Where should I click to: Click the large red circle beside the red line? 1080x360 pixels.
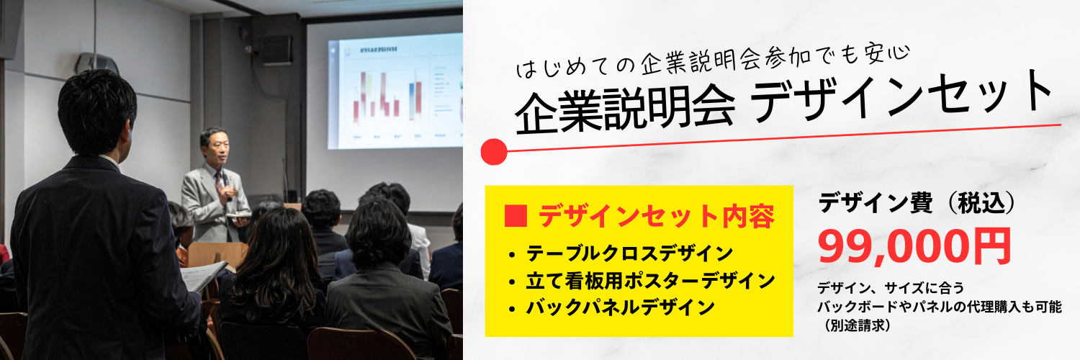coord(494,152)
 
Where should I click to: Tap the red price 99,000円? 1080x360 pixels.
coord(914,246)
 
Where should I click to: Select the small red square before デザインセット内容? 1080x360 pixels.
coord(515,216)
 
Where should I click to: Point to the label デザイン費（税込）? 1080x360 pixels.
coord(917,203)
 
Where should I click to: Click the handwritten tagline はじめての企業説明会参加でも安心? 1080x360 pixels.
coord(713,62)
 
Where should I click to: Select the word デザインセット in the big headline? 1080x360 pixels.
coord(901,96)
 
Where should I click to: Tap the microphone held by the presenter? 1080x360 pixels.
coord(225,183)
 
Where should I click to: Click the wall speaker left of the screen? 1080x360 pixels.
coord(276,50)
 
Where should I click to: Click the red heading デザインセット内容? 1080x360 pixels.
coord(656,216)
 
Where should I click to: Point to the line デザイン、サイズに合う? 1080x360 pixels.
coord(891,288)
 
